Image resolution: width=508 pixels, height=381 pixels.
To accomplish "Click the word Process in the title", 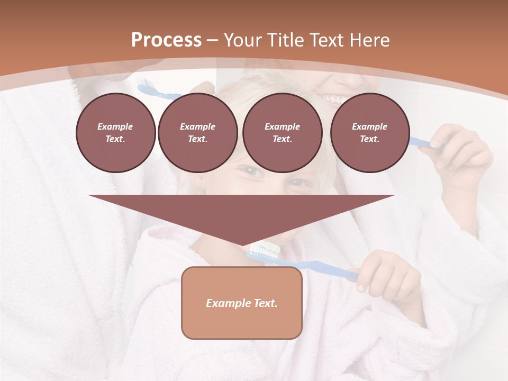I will [x=166, y=40].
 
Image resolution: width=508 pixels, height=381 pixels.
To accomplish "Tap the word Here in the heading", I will [x=369, y=40].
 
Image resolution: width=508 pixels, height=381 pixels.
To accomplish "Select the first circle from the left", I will [x=115, y=132].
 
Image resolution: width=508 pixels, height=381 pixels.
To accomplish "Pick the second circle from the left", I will [x=197, y=132].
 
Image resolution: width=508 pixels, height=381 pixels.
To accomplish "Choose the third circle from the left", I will [x=282, y=132].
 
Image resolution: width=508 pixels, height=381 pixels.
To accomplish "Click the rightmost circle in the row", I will [x=369, y=132].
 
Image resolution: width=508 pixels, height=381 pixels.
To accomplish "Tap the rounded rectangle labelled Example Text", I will [x=241, y=303].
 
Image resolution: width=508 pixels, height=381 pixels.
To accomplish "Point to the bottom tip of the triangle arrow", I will [x=242, y=245].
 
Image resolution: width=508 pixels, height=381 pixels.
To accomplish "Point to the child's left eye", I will [x=298, y=183].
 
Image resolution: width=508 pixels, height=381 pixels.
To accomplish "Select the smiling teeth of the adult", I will [x=334, y=98].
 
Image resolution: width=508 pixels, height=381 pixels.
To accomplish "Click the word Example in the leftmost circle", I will [x=115, y=126].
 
